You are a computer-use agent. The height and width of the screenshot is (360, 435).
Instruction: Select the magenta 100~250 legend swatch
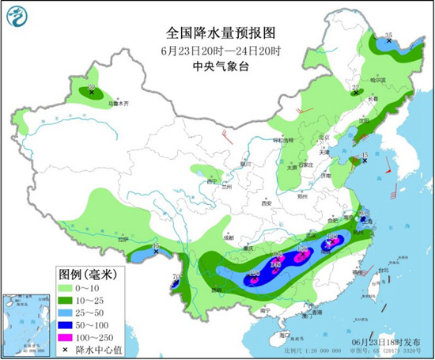[x=71, y=337]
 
